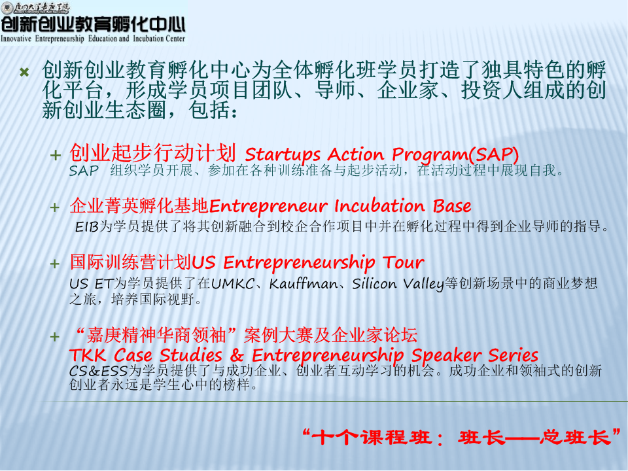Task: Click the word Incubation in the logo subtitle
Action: pos(147,39)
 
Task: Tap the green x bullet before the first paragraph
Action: pos(24,72)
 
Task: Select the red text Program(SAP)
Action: pos(455,155)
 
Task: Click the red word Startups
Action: pos(283,155)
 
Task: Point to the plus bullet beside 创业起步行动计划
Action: pos(55,156)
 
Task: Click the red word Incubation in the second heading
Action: pos(379,206)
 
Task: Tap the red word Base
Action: pos(452,206)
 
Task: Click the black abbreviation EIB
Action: pos(86,227)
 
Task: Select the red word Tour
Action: pos(403,263)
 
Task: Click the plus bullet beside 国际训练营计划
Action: pos(55,264)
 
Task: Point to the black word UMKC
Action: pos(233,283)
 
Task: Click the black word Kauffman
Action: pos(303,283)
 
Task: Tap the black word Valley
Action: pos(424,284)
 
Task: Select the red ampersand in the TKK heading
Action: pos(237,355)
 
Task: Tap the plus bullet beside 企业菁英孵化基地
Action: pos(55,208)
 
